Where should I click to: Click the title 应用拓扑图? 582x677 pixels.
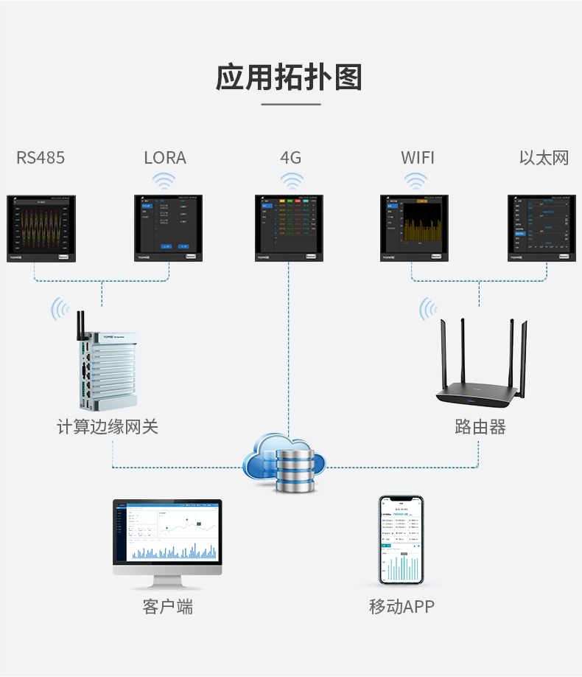pos(290,77)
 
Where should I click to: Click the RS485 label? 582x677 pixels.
pos(41,158)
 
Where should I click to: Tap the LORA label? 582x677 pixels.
pos(165,158)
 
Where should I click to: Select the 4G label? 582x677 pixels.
pos(291,158)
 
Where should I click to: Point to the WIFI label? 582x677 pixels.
pos(418,158)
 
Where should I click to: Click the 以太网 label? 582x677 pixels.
pos(544,158)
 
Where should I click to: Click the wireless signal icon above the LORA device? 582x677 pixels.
pos(164,181)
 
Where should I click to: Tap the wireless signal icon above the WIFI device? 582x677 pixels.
pos(416,181)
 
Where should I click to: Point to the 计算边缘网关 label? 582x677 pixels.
pos(108,427)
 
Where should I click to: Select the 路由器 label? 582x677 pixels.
pos(480,427)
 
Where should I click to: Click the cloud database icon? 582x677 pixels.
pos(287,462)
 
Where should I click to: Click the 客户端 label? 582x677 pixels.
pos(167,607)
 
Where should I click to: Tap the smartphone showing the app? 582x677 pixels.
pos(402,540)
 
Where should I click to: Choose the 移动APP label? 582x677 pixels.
pos(402,607)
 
